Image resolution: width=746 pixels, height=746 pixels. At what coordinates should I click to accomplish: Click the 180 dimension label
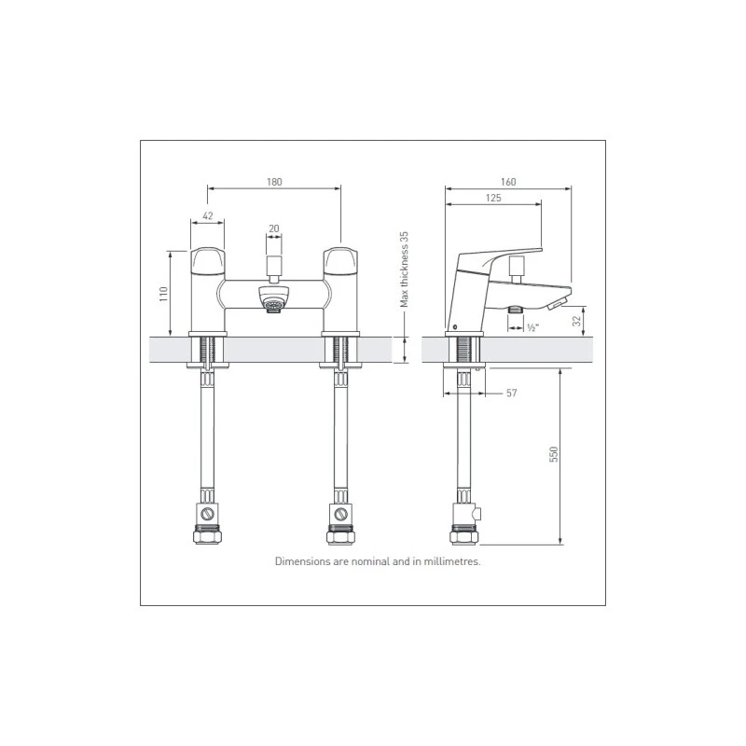click(274, 182)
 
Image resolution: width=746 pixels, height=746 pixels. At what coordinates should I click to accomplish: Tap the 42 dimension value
click(208, 216)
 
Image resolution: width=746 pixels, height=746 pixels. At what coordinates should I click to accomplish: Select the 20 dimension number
click(274, 228)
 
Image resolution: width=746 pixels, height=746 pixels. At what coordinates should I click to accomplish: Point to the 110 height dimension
click(164, 294)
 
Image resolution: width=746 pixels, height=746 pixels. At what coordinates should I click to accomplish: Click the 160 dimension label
click(508, 182)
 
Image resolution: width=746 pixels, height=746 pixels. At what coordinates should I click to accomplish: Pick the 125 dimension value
click(493, 198)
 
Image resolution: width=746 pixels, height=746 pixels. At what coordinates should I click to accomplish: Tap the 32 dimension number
click(577, 321)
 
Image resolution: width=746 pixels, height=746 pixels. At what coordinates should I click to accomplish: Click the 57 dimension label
click(511, 393)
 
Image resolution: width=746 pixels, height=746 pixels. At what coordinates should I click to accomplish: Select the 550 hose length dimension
click(553, 454)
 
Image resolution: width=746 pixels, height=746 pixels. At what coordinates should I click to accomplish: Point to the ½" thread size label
click(533, 328)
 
